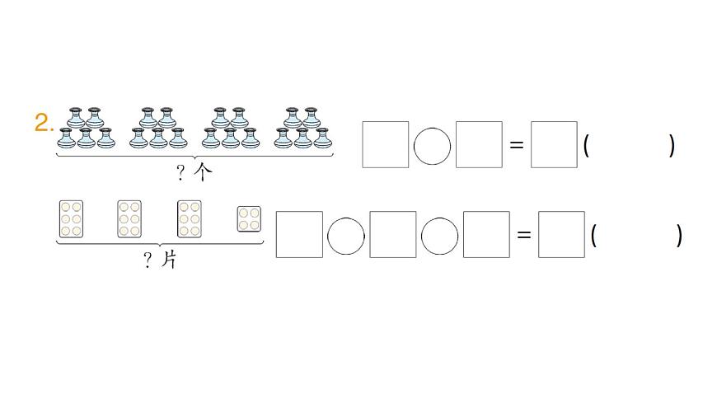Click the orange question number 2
point(44,124)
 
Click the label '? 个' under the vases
point(194,172)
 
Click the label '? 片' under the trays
point(160,260)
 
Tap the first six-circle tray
point(72,219)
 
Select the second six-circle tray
point(129,219)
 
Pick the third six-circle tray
point(190,219)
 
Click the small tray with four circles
point(249,219)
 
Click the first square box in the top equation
point(386,145)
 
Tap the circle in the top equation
point(432,147)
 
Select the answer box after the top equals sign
point(554,145)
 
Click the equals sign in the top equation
point(517,145)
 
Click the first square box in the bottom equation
point(299,235)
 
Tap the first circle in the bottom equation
point(346,237)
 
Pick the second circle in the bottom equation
point(439,237)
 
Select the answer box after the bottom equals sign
point(561,235)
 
